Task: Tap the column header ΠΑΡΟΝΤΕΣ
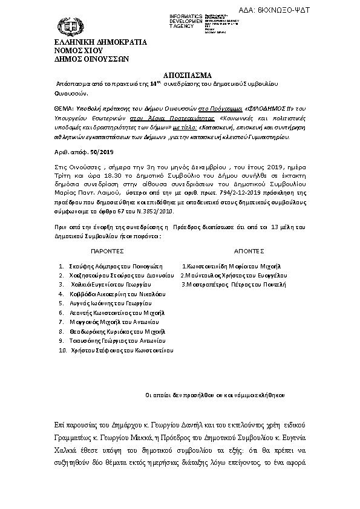[107, 250]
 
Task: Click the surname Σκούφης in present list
[82, 266]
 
